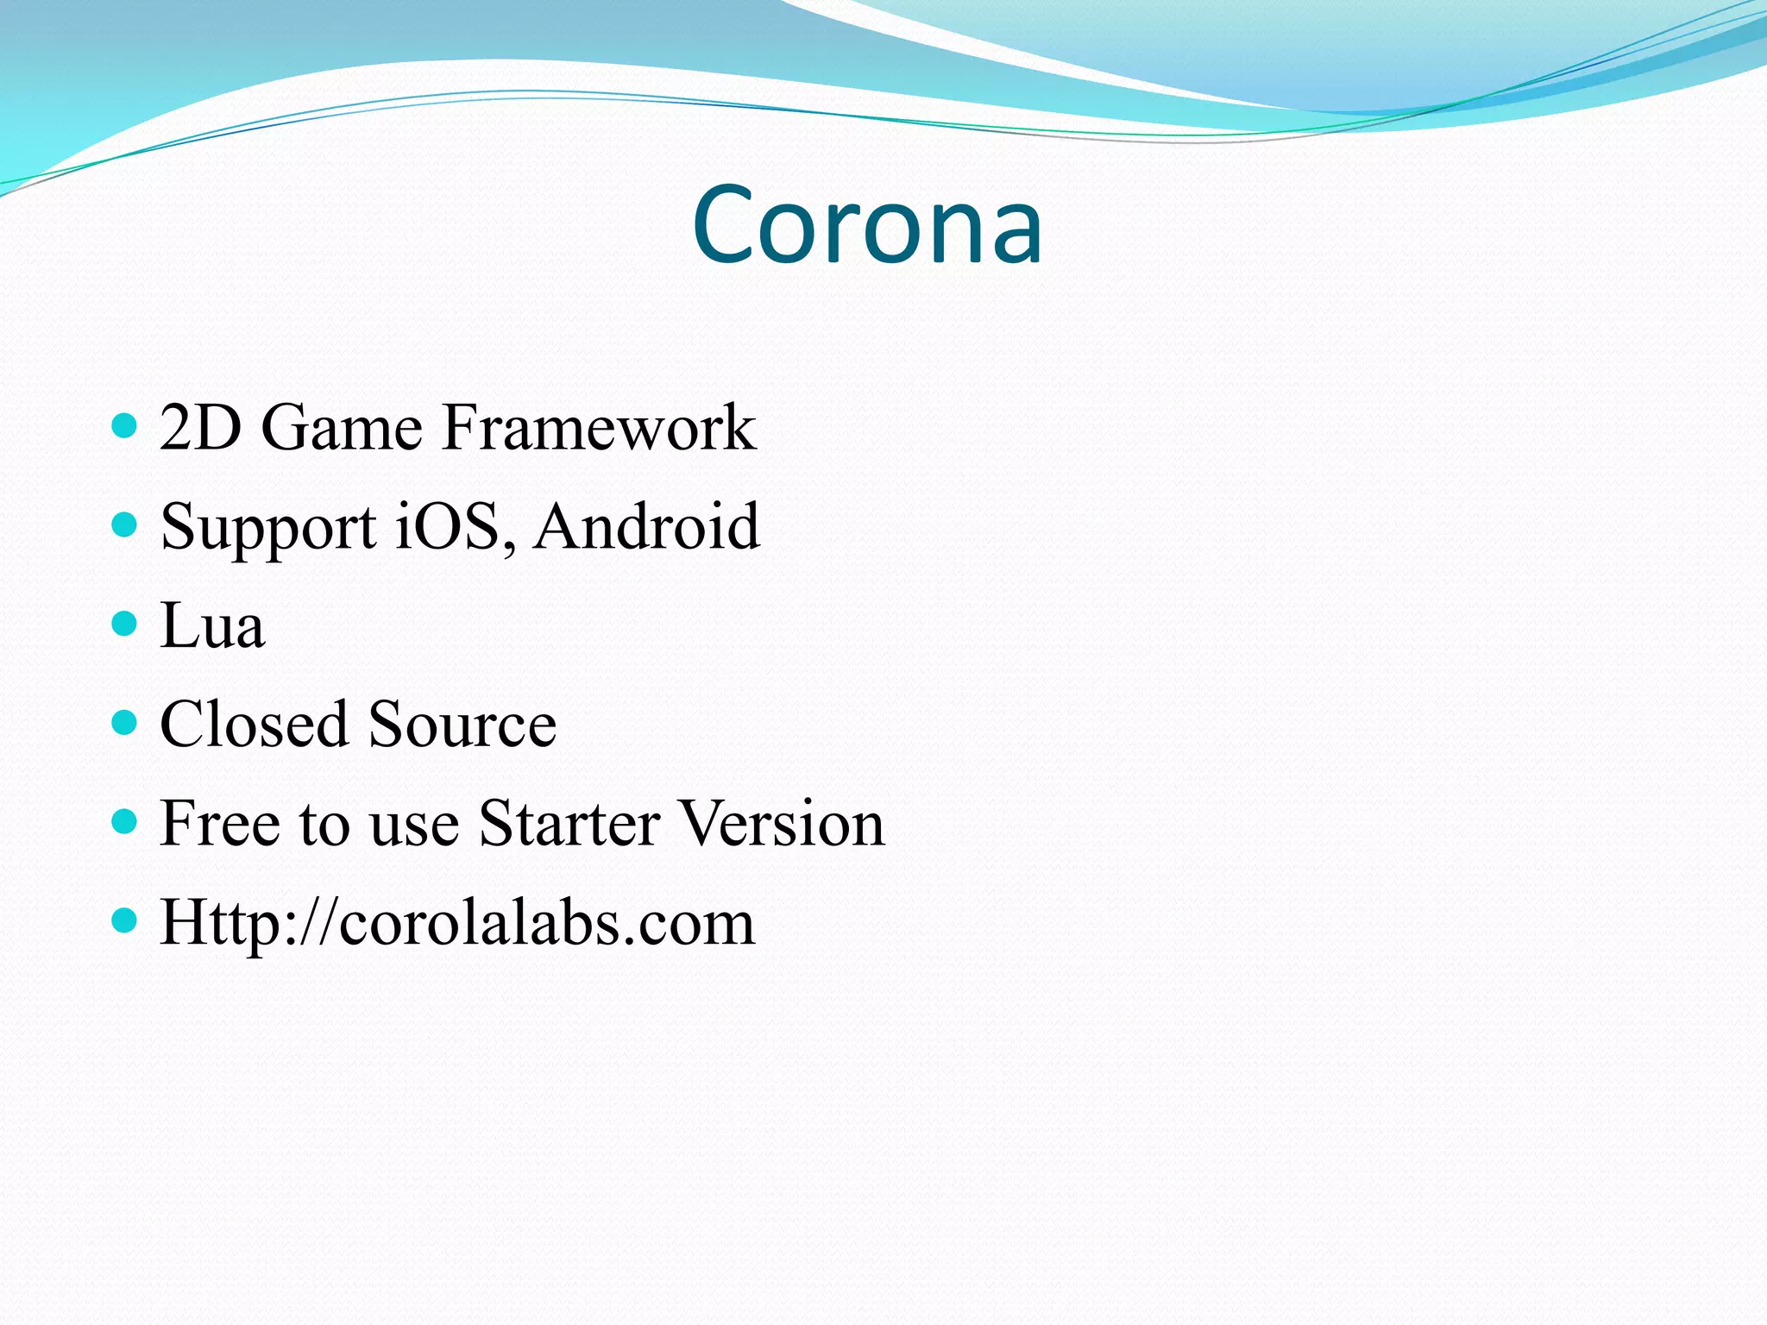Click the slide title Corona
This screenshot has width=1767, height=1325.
tap(867, 225)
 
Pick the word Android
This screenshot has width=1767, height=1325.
tap(646, 526)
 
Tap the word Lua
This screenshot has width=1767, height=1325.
tap(212, 625)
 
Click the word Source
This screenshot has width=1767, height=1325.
tap(462, 724)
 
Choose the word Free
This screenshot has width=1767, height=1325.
tap(219, 823)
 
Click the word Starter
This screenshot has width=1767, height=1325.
tap(569, 823)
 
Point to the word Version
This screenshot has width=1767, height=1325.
tap(781, 823)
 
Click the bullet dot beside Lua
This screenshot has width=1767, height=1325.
tap(125, 623)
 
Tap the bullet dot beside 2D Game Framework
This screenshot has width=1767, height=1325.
tap(125, 425)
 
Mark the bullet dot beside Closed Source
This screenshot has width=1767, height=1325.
tap(125, 722)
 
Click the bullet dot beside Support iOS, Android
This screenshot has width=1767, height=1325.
tap(125, 524)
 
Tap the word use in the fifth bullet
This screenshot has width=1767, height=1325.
tap(413, 825)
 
